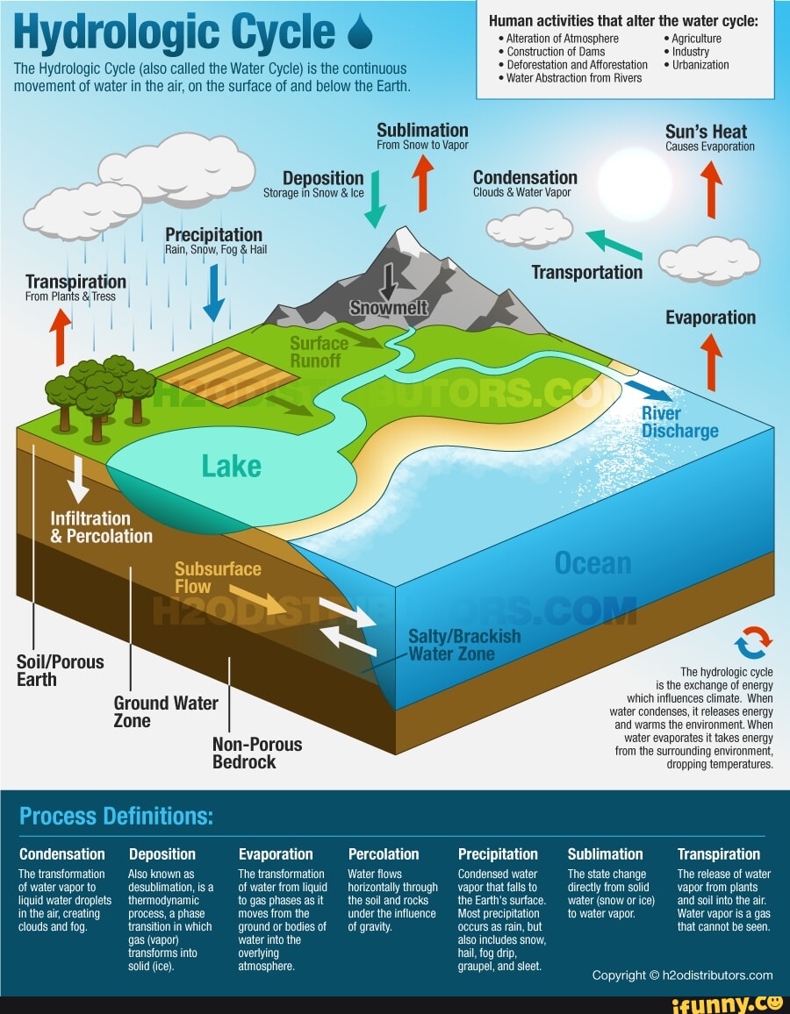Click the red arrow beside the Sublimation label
(424, 183)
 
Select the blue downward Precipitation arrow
(213, 292)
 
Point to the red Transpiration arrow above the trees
(60, 337)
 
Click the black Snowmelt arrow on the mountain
(388, 284)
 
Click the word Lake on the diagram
(232, 467)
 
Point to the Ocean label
(593, 563)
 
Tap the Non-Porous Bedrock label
(257, 753)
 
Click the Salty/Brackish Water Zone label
(464, 645)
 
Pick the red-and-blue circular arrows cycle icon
(754, 642)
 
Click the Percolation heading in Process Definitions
(384, 853)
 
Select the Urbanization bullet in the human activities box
(700, 65)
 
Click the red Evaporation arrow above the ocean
(713, 361)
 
